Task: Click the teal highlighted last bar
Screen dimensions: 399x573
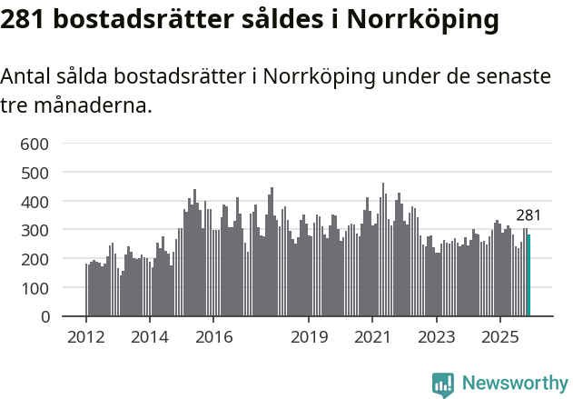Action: (529, 276)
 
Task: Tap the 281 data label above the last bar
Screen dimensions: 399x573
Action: (529, 215)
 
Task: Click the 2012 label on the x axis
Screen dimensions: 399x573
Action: (86, 338)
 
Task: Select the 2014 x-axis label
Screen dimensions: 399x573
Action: (150, 338)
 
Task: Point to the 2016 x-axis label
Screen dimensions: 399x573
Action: (213, 338)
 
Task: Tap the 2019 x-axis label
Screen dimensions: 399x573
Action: (309, 338)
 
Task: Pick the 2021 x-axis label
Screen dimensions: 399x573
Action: (372, 338)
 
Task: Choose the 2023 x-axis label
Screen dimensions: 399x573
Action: (436, 338)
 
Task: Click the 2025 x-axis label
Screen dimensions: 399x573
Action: (499, 338)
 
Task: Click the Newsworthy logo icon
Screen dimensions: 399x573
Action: (443, 384)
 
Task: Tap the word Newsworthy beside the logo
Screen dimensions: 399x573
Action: (515, 384)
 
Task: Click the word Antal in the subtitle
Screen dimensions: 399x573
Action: (26, 77)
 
